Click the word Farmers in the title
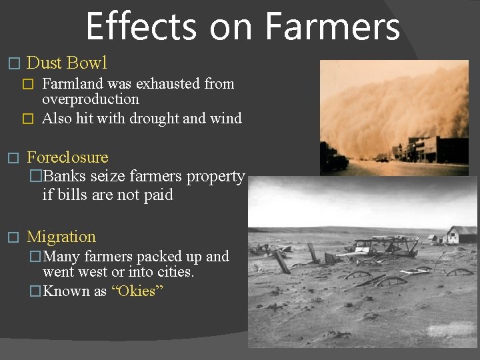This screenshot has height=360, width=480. pos(332,27)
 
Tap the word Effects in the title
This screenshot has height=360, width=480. pos(141,27)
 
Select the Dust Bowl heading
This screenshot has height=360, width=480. pos(67,63)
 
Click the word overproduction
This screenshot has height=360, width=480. pos(91,100)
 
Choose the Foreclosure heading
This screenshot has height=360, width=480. pos(67,158)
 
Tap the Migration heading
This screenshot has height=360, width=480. pos(61,237)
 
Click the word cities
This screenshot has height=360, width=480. pos(173,272)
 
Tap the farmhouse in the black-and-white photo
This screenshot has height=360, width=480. pos(461,235)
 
